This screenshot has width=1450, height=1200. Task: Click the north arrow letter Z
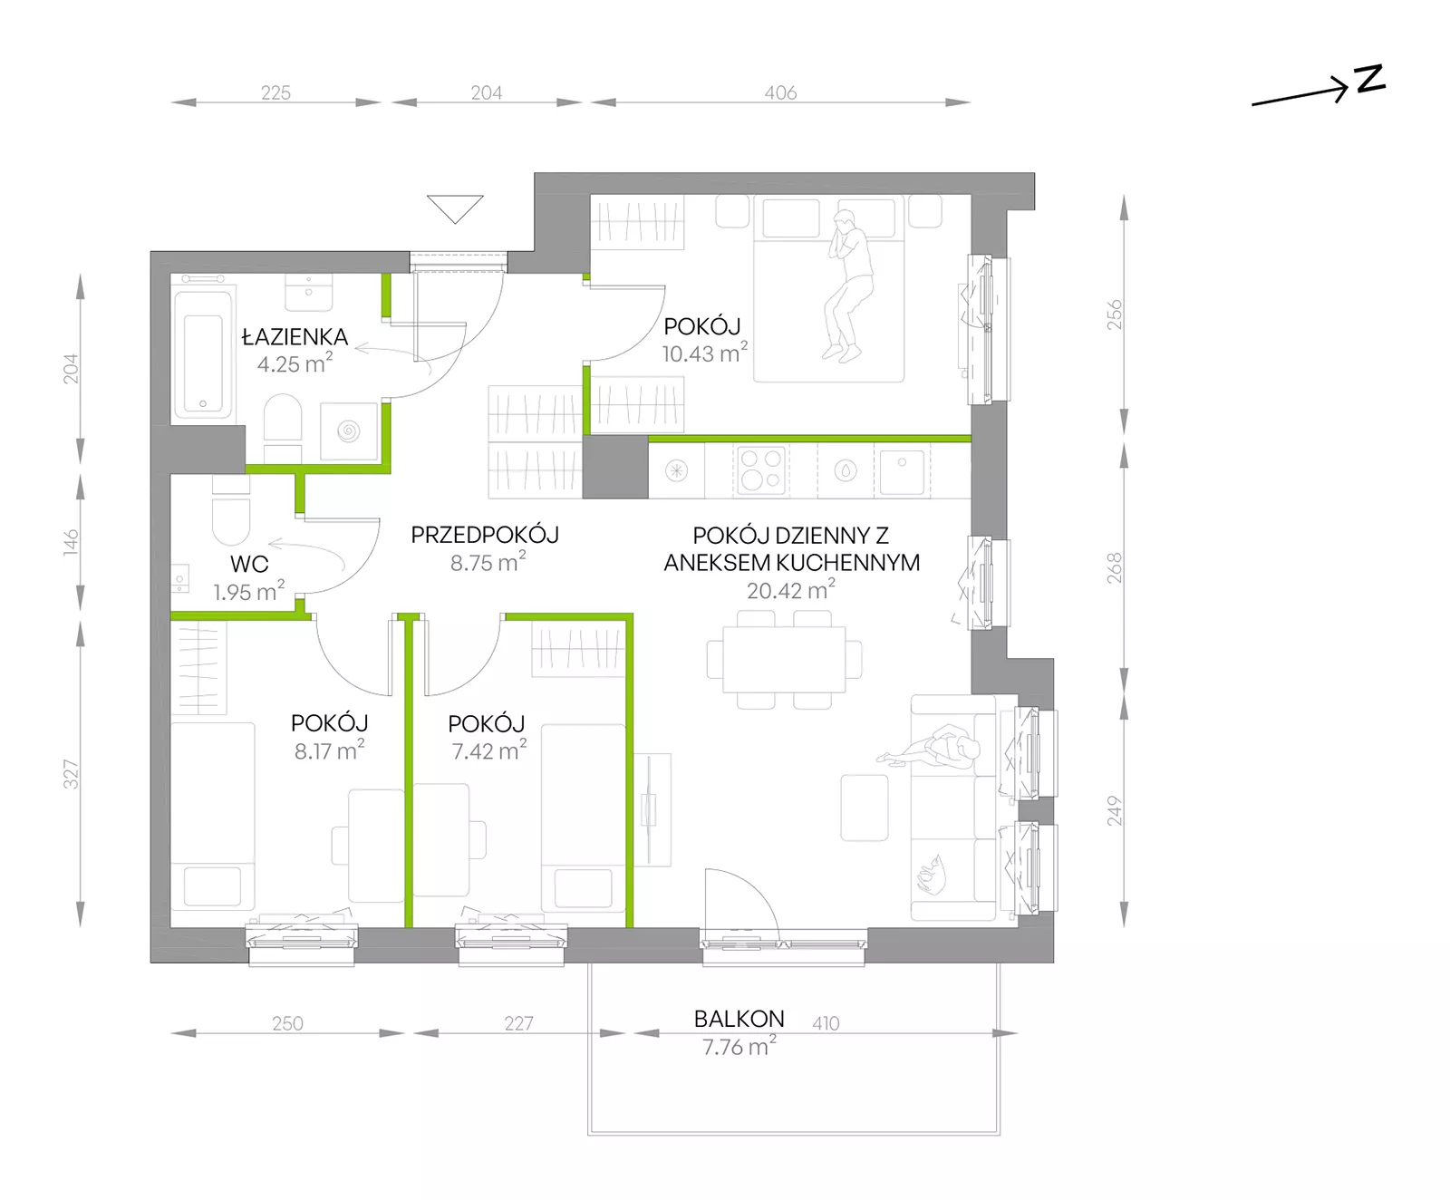tap(1370, 79)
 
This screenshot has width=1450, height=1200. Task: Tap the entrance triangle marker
tap(455, 208)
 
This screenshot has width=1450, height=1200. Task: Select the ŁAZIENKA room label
tap(295, 337)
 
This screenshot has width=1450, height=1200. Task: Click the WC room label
tap(249, 564)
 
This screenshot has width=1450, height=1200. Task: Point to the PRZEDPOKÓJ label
tap(485, 535)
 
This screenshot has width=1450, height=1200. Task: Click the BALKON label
tap(739, 1019)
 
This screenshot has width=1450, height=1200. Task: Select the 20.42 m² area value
tap(791, 590)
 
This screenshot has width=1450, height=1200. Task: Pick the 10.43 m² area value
tap(705, 353)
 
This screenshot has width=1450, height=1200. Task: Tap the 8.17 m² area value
tap(330, 750)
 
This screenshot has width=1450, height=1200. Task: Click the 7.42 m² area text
tap(489, 750)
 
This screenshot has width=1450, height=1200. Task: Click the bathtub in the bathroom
tap(204, 353)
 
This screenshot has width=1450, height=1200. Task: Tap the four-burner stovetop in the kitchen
tap(761, 471)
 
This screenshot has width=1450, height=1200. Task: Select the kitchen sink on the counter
tap(902, 471)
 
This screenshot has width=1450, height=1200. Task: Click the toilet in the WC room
tap(231, 514)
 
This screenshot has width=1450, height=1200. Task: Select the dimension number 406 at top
tap(780, 92)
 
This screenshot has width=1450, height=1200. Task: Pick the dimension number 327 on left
tap(71, 774)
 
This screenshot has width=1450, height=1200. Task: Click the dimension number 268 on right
tap(1114, 567)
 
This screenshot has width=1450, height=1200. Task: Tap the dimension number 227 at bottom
tap(519, 1023)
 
